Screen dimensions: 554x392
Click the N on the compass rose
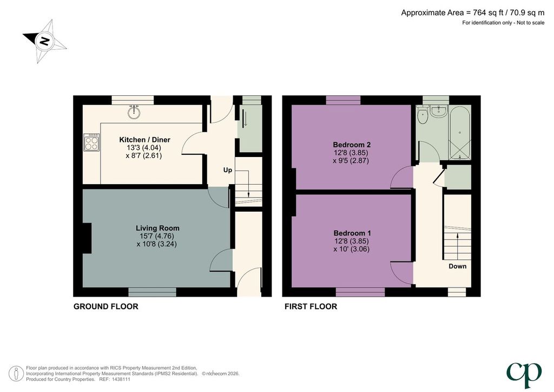[x=44, y=41]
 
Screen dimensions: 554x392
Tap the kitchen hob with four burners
[x=91, y=142]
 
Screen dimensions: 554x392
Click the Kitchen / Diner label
[x=144, y=140]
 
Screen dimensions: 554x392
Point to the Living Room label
[x=157, y=228]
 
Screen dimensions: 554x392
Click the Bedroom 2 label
[x=352, y=145]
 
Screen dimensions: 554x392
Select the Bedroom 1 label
[x=352, y=233]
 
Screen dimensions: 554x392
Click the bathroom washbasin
[x=438, y=112]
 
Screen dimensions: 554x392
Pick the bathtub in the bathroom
[x=460, y=133]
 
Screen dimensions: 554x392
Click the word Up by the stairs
[x=228, y=171]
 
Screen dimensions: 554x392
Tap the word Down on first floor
[x=458, y=266]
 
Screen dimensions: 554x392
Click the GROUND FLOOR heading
[x=105, y=306]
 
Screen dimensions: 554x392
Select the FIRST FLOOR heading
[x=311, y=306]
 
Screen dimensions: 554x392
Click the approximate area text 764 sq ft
[x=488, y=13]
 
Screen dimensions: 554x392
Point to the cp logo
[x=524, y=375]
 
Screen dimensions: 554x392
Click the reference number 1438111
[x=121, y=379]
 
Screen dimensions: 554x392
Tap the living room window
[x=152, y=292]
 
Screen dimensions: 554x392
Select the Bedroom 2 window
[x=343, y=100]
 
